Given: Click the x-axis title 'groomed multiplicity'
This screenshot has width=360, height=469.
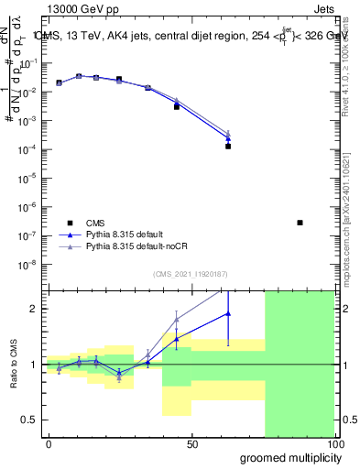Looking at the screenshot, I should [289, 457].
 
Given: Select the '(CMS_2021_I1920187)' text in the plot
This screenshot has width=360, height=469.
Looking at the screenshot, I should [190, 275].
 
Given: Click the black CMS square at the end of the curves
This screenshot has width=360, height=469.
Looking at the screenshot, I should [228, 146].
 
